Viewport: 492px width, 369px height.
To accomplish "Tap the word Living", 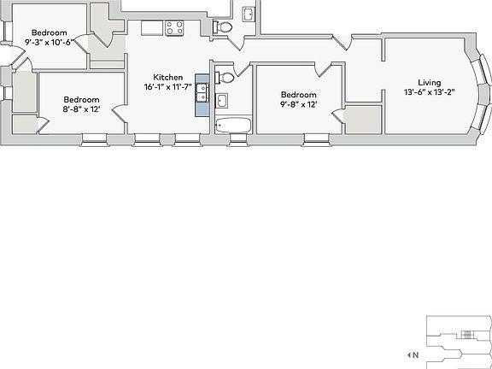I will coord(430,82).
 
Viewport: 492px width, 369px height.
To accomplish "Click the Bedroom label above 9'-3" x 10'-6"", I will coord(50,32).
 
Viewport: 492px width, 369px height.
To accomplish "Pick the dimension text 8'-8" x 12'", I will coord(82,109).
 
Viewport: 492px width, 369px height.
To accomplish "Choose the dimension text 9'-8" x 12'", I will coord(299,105).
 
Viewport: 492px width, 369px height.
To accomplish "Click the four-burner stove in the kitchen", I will coord(176,28).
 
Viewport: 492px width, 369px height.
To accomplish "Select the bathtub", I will coord(232,126).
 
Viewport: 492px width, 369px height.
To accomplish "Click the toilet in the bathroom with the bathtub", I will coord(225,78).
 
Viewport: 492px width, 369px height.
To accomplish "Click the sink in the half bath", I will coord(248,15).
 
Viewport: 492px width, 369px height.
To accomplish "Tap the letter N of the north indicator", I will coord(415,354).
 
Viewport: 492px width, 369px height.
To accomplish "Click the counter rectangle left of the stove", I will coord(152,28).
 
